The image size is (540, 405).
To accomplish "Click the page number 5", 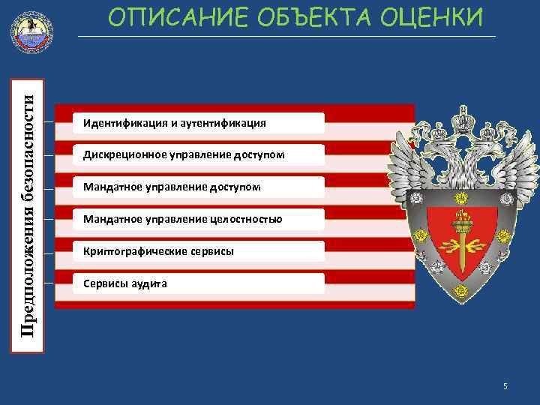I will [505, 386].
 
